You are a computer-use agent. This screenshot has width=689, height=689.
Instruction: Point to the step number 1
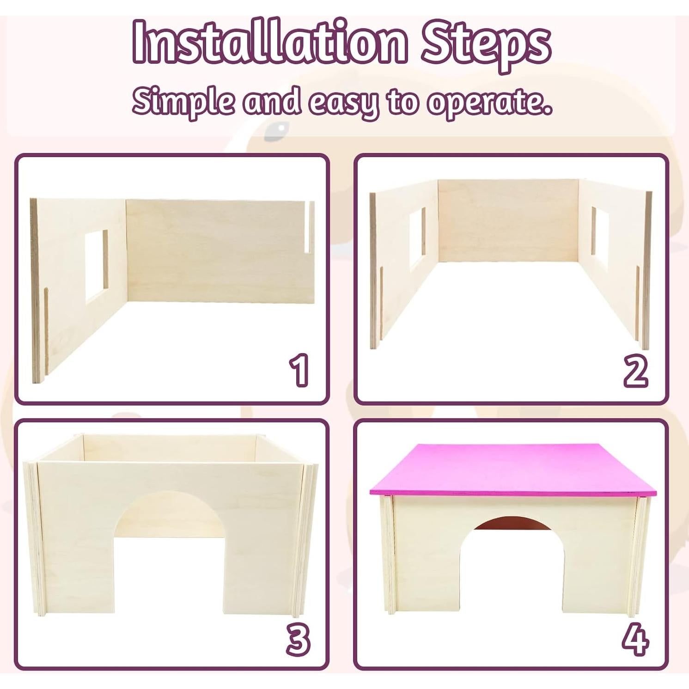point(299,370)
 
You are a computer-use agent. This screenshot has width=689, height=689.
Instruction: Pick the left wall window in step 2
point(417,239)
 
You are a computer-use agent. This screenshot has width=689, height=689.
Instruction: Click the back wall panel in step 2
point(508,221)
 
